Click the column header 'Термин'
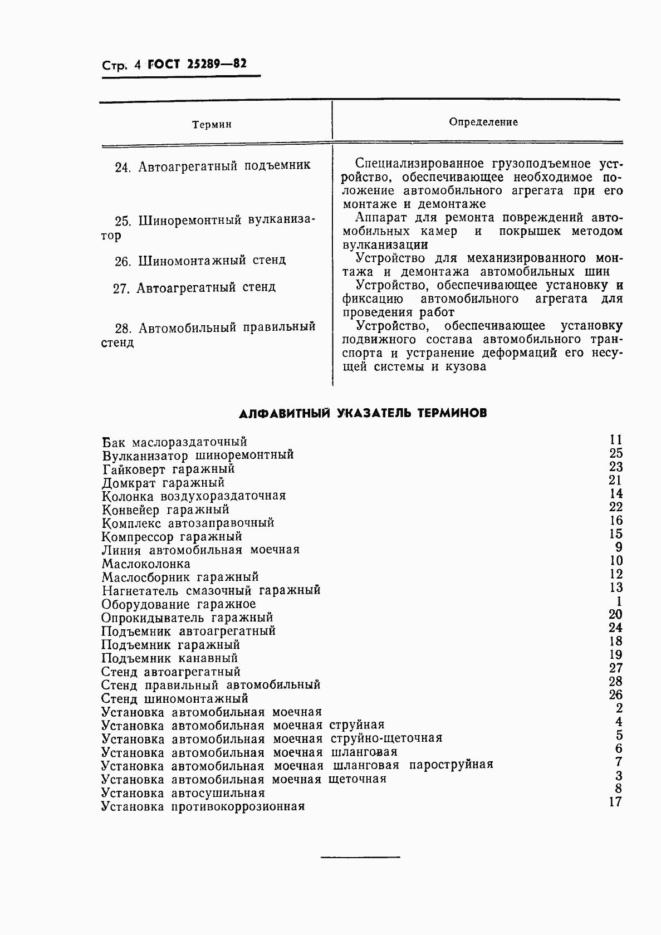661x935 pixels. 212,125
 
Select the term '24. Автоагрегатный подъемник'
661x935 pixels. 212,166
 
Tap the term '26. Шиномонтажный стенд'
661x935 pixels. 200,260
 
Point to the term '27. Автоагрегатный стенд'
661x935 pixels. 194,287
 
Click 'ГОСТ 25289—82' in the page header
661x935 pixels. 197,65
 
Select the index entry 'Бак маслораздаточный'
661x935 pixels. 174,442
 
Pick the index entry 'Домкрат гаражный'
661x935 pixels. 163,483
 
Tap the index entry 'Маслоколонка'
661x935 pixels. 146,564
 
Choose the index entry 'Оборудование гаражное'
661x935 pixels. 179,604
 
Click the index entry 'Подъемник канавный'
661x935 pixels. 170,658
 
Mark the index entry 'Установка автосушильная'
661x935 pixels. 183,793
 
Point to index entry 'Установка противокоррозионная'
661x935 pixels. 203,806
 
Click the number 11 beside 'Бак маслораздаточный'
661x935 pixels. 615,440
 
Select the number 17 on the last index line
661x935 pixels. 615,802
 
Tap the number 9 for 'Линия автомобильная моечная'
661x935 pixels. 619,547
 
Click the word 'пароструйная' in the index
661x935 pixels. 451,765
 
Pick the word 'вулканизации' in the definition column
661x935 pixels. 385,245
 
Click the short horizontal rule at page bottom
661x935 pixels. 360,856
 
